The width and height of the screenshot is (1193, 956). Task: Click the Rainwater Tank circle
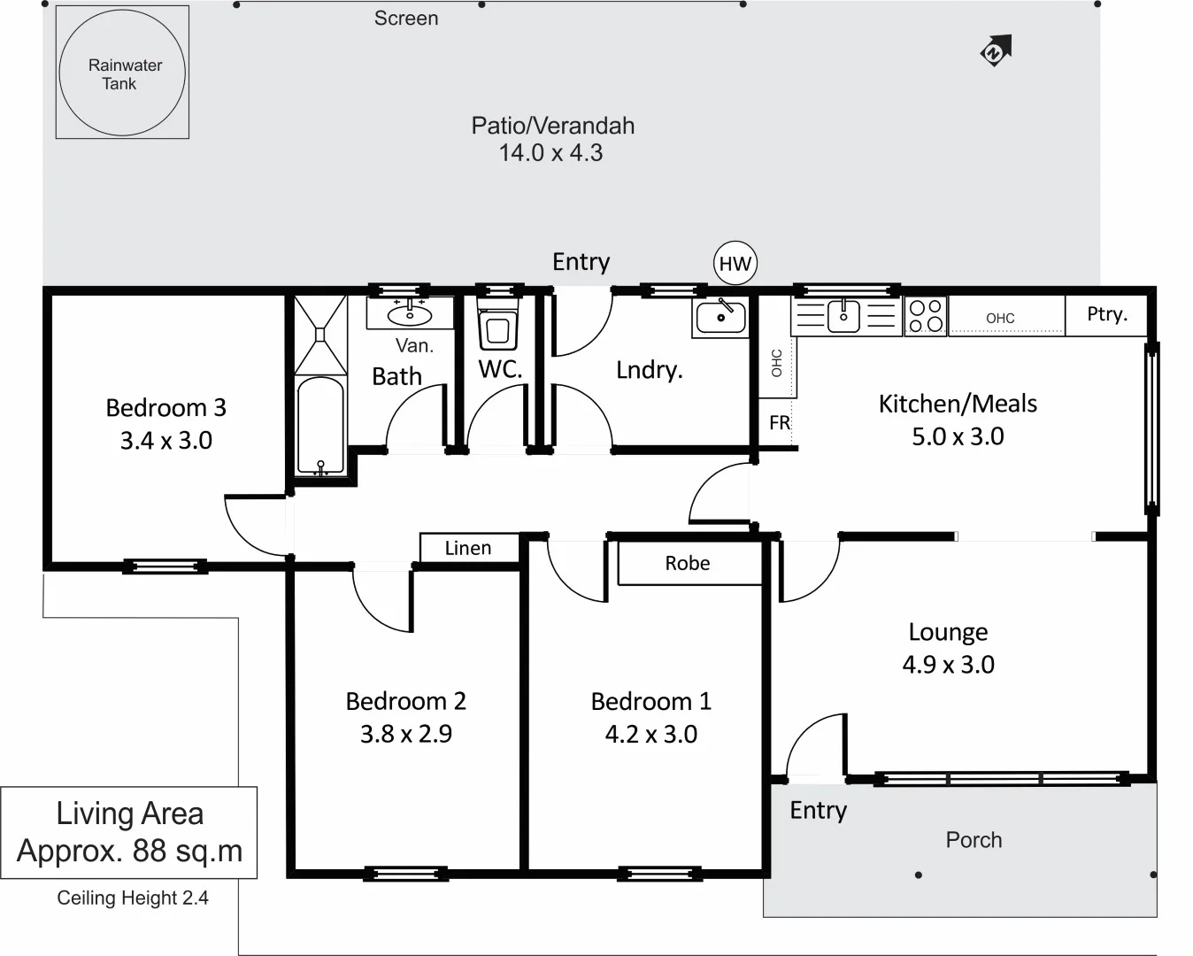[122, 73]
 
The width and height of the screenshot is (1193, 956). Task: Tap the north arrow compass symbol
[996, 50]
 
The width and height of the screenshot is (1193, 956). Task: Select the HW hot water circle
[735, 263]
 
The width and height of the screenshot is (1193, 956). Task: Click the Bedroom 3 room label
[165, 408]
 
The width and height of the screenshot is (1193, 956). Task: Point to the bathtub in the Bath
[319, 426]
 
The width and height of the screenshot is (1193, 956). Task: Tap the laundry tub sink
[720, 316]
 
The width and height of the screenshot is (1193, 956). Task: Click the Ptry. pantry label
[1106, 314]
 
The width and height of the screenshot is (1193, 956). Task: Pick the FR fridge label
[779, 423]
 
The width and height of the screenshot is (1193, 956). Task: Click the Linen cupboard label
[467, 548]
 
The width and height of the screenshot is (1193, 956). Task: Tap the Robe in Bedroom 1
[688, 564]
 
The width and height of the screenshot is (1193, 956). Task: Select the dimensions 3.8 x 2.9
[405, 734]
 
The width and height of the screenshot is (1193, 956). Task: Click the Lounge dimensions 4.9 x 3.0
[948, 665]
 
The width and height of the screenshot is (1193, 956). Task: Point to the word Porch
[974, 840]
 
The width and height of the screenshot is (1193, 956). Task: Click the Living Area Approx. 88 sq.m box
[129, 832]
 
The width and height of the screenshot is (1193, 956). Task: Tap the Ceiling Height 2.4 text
[133, 898]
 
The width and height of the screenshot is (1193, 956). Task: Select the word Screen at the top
[405, 19]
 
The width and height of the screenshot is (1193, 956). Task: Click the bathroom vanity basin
[410, 313]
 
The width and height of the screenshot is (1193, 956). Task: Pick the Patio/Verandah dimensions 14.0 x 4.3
[550, 153]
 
